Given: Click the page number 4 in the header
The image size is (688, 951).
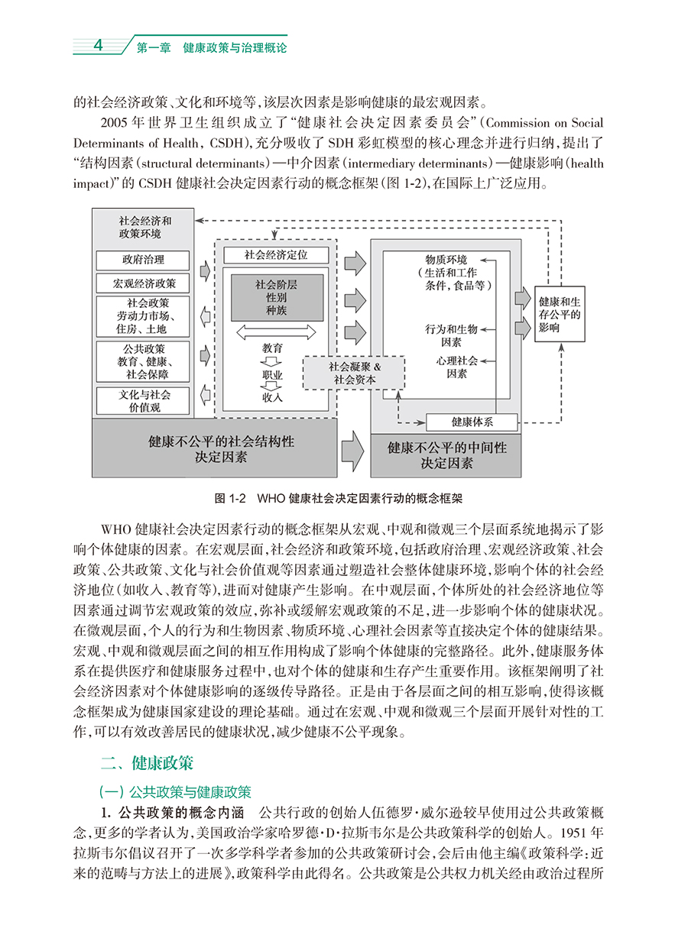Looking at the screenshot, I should (97, 46).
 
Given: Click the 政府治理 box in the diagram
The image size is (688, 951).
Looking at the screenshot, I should (143, 260).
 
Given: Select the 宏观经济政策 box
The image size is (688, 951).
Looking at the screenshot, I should (143, 283).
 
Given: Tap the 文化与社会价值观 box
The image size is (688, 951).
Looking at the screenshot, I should (143, 401).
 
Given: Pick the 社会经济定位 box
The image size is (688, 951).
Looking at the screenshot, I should (276, 254).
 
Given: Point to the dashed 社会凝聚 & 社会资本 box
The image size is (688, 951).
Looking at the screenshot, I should (355, 373).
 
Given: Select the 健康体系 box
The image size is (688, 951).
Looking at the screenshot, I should (472, 422).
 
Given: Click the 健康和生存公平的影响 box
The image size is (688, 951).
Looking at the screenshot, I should (559, 314).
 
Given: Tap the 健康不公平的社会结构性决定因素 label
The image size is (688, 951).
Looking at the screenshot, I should (215, 449).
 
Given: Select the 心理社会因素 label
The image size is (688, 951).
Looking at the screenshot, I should (457, 367).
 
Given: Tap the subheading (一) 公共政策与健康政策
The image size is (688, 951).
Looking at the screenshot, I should (175, 791).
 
